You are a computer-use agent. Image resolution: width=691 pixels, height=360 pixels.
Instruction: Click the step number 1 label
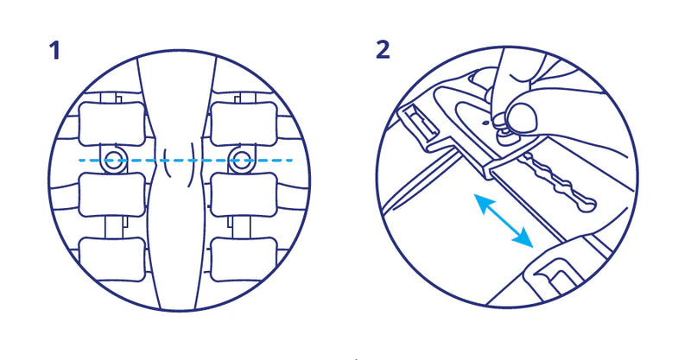click(x=54, y=50)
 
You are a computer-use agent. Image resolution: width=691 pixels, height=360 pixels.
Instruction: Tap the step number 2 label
click(x=383, y=50)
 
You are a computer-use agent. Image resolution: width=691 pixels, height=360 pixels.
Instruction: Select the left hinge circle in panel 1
click(x=113, y=159)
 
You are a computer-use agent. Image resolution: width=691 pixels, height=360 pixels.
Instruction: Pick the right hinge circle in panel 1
click(x=241, y=159)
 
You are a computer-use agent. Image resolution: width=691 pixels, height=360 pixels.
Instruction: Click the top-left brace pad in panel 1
click(x=112, y=124)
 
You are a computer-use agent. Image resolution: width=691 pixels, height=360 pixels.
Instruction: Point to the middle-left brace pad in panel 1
click(x=112, y=194)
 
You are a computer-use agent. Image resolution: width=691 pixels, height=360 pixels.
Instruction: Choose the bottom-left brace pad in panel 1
click(x=112, y=260)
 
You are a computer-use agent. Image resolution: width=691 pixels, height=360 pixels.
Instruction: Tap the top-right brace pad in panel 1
click(x=244, y=124)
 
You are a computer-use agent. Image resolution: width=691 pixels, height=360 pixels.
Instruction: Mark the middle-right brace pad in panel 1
click(x=244, y=194)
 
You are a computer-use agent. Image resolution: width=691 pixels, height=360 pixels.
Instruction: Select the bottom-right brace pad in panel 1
click(x=244, y=260)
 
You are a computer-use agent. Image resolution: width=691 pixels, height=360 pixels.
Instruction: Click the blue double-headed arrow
click(x=503, y=219)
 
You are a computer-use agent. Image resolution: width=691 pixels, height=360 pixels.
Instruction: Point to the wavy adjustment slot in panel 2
click(x=559, y=182)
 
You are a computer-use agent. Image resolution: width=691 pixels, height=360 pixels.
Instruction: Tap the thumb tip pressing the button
click(x=523, y=117)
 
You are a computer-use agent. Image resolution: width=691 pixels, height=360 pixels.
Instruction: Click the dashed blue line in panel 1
click(x=185, y=160)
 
